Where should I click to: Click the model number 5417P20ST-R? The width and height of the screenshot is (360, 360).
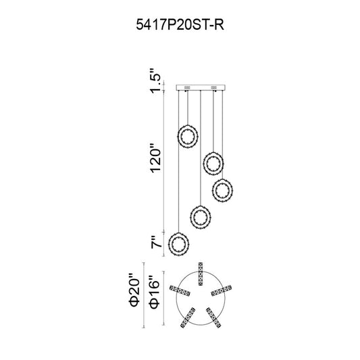[180, 24]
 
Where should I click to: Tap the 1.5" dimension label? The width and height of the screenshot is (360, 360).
[155, 80]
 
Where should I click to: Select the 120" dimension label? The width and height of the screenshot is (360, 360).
[155, 158]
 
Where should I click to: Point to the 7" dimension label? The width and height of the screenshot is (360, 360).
[156, 242]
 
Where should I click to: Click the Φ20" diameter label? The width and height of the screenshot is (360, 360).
[134, 290]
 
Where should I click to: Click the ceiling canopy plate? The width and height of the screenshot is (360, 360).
[201, 88]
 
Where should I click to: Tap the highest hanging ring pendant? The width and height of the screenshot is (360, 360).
[188, 136]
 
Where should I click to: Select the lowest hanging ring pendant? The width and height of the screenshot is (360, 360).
[178, 244]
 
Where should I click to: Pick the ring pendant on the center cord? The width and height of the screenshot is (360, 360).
[201, 217]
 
